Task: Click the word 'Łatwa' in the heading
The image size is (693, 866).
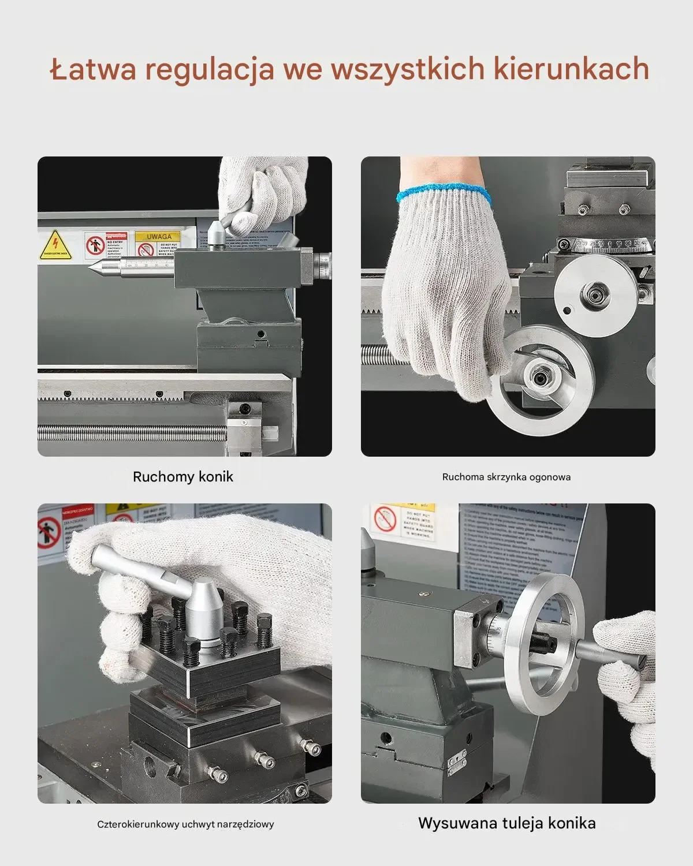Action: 94,69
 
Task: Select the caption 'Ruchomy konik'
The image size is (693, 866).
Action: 183,477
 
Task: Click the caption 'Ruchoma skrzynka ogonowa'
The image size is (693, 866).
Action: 506,477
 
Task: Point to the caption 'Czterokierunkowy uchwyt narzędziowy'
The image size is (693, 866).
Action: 185,824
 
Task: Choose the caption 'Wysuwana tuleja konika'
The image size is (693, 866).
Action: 506,823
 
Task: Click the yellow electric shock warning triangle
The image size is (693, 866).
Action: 55,245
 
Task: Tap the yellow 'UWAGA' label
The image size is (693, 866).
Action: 158,237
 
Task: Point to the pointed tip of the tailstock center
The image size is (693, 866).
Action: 90,266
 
